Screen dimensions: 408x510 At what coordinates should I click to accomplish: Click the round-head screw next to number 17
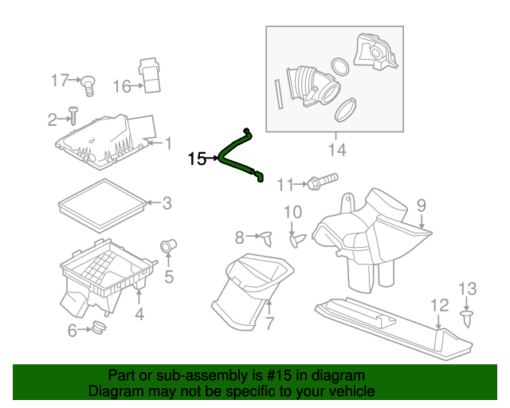[88, 80]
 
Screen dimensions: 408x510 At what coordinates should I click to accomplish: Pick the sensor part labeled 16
[150, 74]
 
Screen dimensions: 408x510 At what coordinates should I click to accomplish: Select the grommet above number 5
[168, 245]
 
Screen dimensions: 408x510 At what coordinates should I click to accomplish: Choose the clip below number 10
[296, 238]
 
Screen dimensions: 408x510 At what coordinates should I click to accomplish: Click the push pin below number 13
[466, 319]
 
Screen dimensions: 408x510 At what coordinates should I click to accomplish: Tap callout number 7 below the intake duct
[269, 324]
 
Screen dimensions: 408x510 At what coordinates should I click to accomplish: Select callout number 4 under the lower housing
[139, 315]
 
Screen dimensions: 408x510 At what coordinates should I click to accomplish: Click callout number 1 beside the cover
[168, 143]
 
